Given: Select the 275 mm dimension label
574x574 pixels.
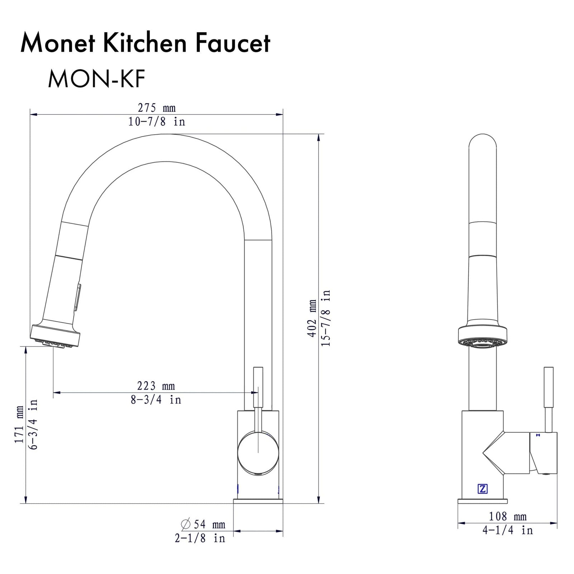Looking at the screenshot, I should click(x=156, y=108).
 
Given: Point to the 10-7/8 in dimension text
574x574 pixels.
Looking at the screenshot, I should click(x=156, y=122).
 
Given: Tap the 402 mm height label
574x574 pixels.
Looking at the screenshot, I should click(x=312, y=318).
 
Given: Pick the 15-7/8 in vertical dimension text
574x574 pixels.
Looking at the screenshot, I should click(x=326, y=318).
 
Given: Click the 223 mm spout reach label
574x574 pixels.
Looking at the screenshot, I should click(x=156, y=386).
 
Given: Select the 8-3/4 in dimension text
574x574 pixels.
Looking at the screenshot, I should click(x=156, y=400).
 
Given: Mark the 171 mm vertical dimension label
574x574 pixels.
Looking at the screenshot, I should click(x=19, y=424).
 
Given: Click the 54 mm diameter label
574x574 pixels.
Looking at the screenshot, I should click(x=209, y=524).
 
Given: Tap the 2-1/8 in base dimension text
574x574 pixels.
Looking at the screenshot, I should click(x=200, y=538).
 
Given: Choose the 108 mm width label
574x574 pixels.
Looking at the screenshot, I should click(x=507, y=516).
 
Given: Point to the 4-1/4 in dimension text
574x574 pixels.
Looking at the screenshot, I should click(x=507, y=530).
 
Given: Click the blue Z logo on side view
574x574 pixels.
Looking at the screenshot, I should click(x=483, y=489).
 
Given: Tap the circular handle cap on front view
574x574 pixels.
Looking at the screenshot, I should click(x=258, y=453).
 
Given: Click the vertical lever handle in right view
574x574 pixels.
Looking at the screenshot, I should click(x=548, y=387).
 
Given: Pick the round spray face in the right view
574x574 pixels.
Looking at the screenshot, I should click(x=483, y=345).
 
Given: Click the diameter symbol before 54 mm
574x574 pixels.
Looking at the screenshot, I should click(x=186, y=524).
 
